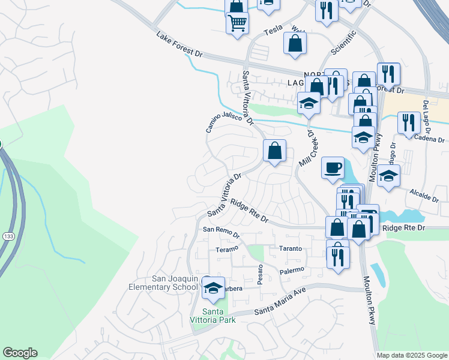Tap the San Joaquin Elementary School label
click(x=164, y=283)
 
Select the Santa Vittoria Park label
click(x=213, y=314)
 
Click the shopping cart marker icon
click(x=238, y=23)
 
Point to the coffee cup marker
click(x=332, y=167)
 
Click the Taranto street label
click(x=289, y=248)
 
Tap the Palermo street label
click(x=293, y=271)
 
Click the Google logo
click(x=20, y=353)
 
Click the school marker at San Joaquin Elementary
click(x=213, y=287)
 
